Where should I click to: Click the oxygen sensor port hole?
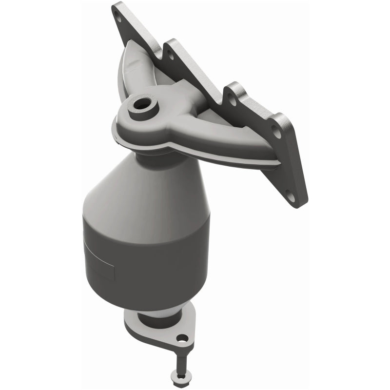click(x=143, y=103)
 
